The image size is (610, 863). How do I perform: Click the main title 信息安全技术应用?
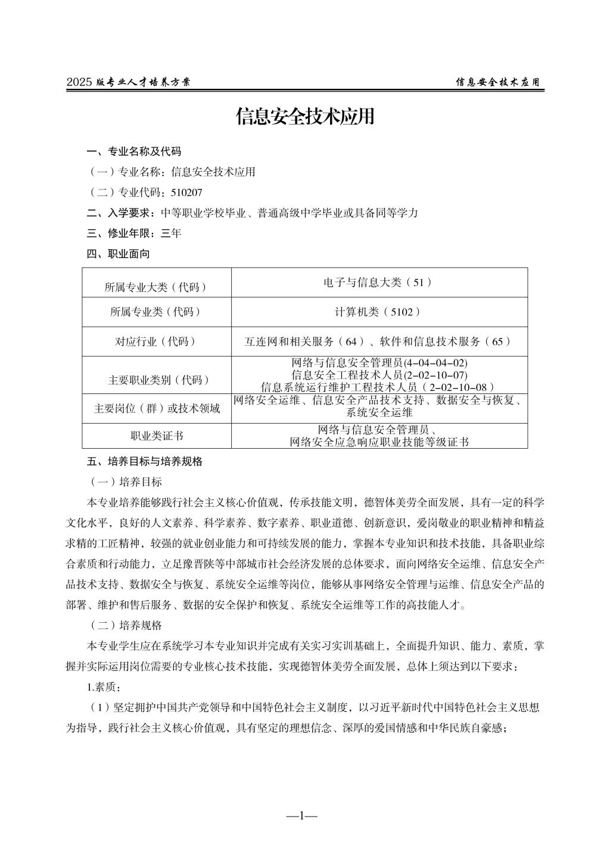click(x=305, y=117)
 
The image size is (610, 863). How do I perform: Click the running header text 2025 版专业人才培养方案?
click(x=128, y=82)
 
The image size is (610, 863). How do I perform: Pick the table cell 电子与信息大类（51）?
click(x=378, y=282)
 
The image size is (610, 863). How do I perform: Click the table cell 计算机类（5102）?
click(x=378, y=311)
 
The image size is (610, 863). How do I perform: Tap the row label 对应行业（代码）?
click(x=155, y=342)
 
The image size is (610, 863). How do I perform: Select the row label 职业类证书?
click(x=156, y=436)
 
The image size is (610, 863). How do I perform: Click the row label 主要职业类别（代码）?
click(x=156, y=380)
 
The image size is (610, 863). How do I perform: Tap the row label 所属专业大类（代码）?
click(x=156, y=287)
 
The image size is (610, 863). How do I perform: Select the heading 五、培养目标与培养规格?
click(x=144, y=461)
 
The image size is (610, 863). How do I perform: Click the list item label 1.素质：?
click(x=104, y=687)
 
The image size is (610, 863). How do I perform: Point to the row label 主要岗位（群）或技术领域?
click(x=156, y=409)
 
